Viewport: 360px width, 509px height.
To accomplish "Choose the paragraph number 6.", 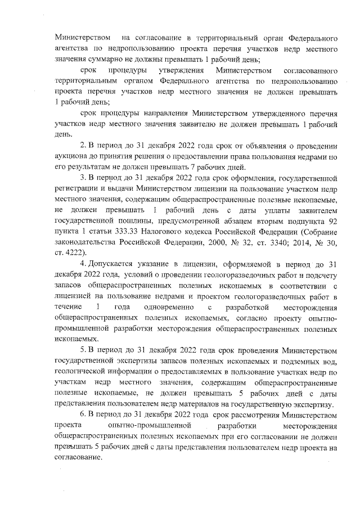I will (x=83, y=415).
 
